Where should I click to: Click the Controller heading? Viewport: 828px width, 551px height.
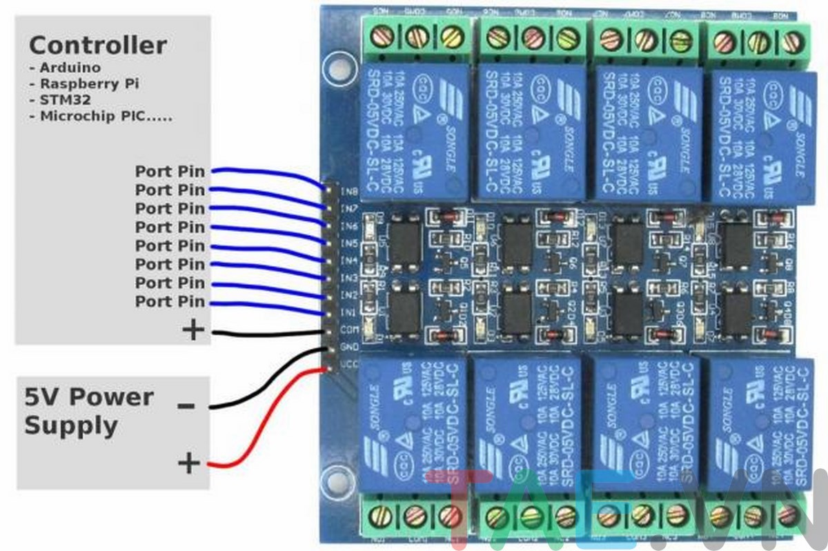[97, 46]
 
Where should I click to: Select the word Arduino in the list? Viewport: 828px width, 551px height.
[70, 68]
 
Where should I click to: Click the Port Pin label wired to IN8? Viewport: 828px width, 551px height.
[170, 171]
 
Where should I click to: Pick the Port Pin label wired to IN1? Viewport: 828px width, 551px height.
[170, 301]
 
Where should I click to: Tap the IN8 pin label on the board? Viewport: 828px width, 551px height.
[349, 191]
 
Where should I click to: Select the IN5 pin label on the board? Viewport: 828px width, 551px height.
[349, 243]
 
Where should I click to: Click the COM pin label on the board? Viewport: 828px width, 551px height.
[349, 330]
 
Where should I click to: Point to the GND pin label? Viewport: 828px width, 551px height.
[349, 346]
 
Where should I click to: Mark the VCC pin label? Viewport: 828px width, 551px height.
[349, 363]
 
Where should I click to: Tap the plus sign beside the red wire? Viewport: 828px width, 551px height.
[188, 463]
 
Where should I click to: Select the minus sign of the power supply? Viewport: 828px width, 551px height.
[186, 405]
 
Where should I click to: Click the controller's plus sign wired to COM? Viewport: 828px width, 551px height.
[193, 330]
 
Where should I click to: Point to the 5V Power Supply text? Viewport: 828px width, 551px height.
[89, 411]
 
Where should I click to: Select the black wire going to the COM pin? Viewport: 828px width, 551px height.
[269, 333]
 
